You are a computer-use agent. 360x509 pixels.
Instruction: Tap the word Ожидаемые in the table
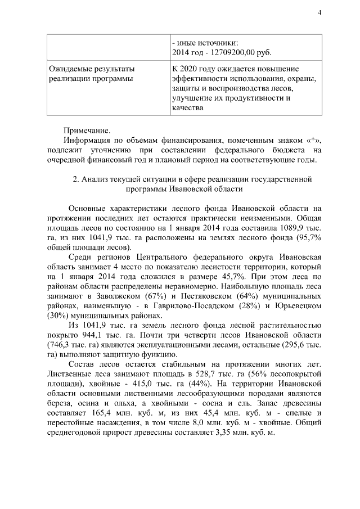tap(71, 69)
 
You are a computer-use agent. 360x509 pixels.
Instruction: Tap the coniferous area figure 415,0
tap(132, 386)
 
